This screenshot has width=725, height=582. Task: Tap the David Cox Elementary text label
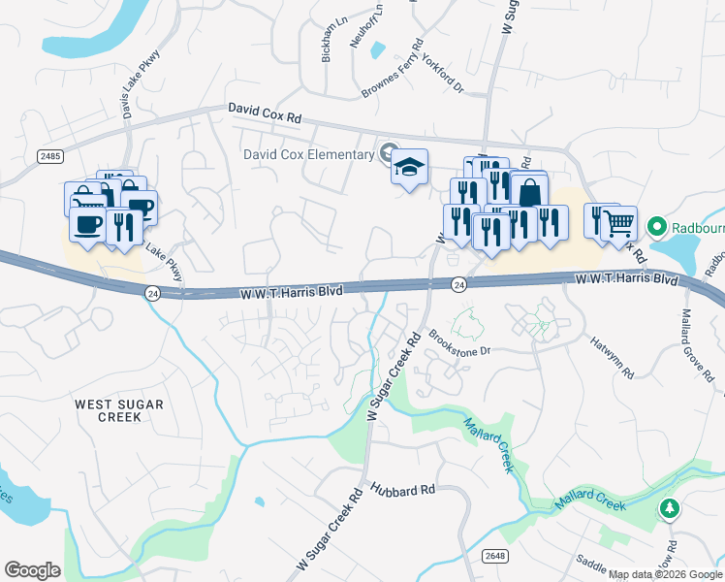click(308, 154)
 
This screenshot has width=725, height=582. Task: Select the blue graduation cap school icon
click(409, 167)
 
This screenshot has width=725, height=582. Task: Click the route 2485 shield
click(50, 156)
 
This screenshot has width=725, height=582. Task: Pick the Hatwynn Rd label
click(613, 357)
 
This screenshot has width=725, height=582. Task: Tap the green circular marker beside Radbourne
click(657, 228)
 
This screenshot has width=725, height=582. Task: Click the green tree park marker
click(669, 508)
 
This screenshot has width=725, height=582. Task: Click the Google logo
click(32, 570)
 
